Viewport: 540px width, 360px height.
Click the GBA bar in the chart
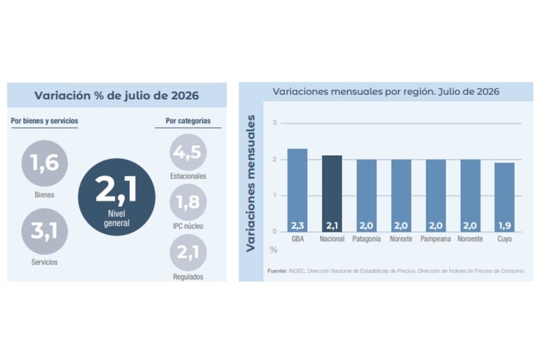pyautogui.click(x=297, y=190)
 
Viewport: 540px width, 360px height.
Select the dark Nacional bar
pyautogui.click(x=332, y=194)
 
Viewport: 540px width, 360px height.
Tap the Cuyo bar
pyautogui.click(x=505, y=197)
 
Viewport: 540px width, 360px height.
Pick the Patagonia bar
pyautogui.click(x=366, y=196)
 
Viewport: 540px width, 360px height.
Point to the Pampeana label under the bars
pyautogui.click(x=435, y=239)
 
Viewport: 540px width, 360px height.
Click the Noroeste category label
pyautogui.click(x=470, y=239)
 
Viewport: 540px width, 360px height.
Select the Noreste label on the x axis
pyautogui.click(x=401, y=239)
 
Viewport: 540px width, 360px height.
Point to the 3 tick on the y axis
pyautogui.click(x=274, y=123)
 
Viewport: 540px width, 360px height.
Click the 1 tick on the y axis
pyautogui.click(x=274, y=196)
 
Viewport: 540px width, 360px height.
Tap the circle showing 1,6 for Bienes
pyautogui.click(x=45, y=163)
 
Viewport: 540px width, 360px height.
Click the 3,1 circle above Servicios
pyautogui.click(x=45, y=231)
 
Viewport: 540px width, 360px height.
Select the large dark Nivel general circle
pyautogui.click(x=117, y=197)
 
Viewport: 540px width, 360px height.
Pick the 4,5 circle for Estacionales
pyautogui.click(x=188, y=152)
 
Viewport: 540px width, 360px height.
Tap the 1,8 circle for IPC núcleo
pyautogui.click(x=188, y=202)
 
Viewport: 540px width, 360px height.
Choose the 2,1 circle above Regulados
pyautogui.click(x=188, y=253)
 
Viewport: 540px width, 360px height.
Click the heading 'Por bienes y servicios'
pyautogui.click(x=45, y=121)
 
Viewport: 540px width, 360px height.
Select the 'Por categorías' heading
pyautogui.click(x=188, y=121)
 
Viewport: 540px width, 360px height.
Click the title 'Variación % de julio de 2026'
pyautogui.click(x=117, y=96)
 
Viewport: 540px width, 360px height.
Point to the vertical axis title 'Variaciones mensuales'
pyautogui.click(x=251, y=183)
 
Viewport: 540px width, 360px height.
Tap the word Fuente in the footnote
pyautogui.click(x=277, y=271)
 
